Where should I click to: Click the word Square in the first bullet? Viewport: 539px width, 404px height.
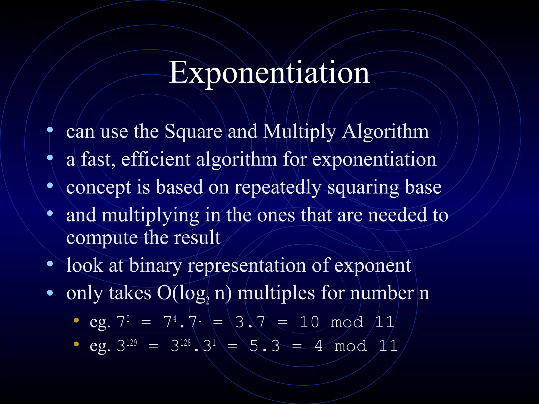[x=193, y=131]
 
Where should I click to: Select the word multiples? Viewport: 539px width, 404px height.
[x=276, y=293]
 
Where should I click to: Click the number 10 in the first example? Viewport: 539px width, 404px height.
[x=310, y=322]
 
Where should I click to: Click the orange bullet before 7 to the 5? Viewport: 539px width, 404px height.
[x=76, y=320]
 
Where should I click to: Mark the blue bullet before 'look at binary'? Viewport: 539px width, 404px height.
[x=50, y=264]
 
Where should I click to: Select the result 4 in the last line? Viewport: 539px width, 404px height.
[x=318, y=346]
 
